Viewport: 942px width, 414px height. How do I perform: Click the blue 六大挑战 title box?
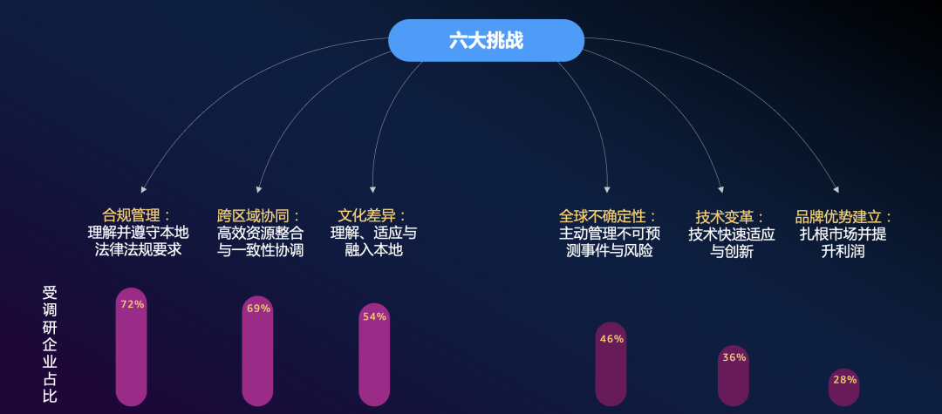point(486,40)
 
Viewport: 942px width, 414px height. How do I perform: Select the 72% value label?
point(132,304)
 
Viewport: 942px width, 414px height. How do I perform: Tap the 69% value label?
point(258,308)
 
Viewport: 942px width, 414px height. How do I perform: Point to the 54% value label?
point(374,316)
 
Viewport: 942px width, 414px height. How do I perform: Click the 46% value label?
point(611,338)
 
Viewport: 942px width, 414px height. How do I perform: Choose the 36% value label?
point(734,356)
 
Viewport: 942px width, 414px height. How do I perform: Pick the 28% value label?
point(844,379)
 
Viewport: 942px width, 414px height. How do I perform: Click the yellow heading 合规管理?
point(137,215)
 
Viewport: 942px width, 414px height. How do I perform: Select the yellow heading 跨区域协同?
point(259,215)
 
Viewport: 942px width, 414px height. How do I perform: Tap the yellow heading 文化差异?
point(372,215)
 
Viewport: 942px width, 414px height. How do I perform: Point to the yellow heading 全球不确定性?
point(609,215)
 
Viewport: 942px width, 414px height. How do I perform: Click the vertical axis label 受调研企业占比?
point(50,343)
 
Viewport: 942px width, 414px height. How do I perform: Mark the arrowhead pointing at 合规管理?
point(143,188)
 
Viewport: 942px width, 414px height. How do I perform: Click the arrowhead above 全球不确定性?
point(607,188)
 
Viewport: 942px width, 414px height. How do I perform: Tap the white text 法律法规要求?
point(138,250)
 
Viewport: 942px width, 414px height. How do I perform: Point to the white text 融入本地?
point(373,250)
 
